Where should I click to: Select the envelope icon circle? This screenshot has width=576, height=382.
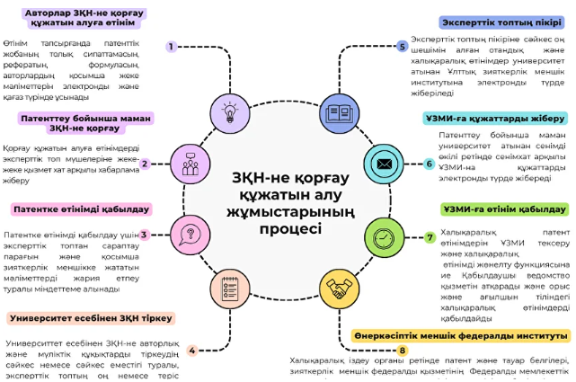click(384, 164)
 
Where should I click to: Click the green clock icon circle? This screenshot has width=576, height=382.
click(384, 236)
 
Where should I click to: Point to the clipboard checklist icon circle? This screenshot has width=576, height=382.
click(229, 289)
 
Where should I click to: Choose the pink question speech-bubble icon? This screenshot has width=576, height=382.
click(190, 235)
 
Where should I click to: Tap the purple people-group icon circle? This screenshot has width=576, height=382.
click(190, 164)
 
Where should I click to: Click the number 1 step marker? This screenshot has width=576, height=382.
click(171, 46)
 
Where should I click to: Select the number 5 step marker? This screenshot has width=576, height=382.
click(403, 46)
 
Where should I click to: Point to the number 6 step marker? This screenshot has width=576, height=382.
click(430, 164)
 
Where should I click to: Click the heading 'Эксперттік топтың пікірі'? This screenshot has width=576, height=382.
click(501, 21)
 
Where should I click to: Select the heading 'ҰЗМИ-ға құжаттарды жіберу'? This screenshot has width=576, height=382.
click(494, 119)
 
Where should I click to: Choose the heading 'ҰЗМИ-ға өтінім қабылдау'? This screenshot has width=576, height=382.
click(504, 209)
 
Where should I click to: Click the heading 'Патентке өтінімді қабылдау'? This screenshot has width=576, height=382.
click(81, 209)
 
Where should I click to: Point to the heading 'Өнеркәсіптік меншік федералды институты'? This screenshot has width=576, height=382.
click(461, 335)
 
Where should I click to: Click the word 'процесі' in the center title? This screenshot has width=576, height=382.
click(290, 229)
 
